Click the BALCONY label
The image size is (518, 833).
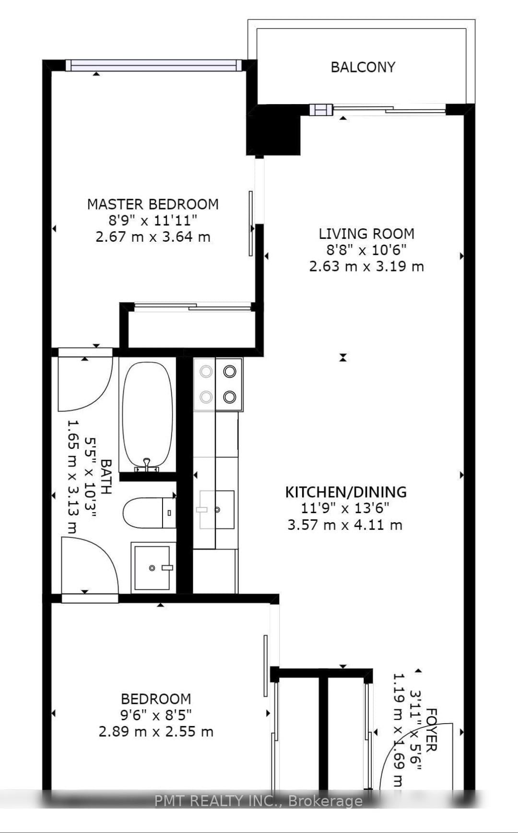point(363,67)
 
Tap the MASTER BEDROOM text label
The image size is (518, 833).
point(153,204)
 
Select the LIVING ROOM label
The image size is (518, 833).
point(366,234)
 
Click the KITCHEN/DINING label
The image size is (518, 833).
point(346,492)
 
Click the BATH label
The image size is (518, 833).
point(106,477)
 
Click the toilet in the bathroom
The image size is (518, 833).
point(149,513)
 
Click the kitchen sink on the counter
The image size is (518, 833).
point(216,509)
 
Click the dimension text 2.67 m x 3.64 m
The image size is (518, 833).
point(153,237)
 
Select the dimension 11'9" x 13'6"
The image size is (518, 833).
point(344,508)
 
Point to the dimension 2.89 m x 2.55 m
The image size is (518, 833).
point(156,732)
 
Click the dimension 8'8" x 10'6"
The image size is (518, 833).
point(366,250)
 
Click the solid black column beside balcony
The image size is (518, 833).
point(273,130)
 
